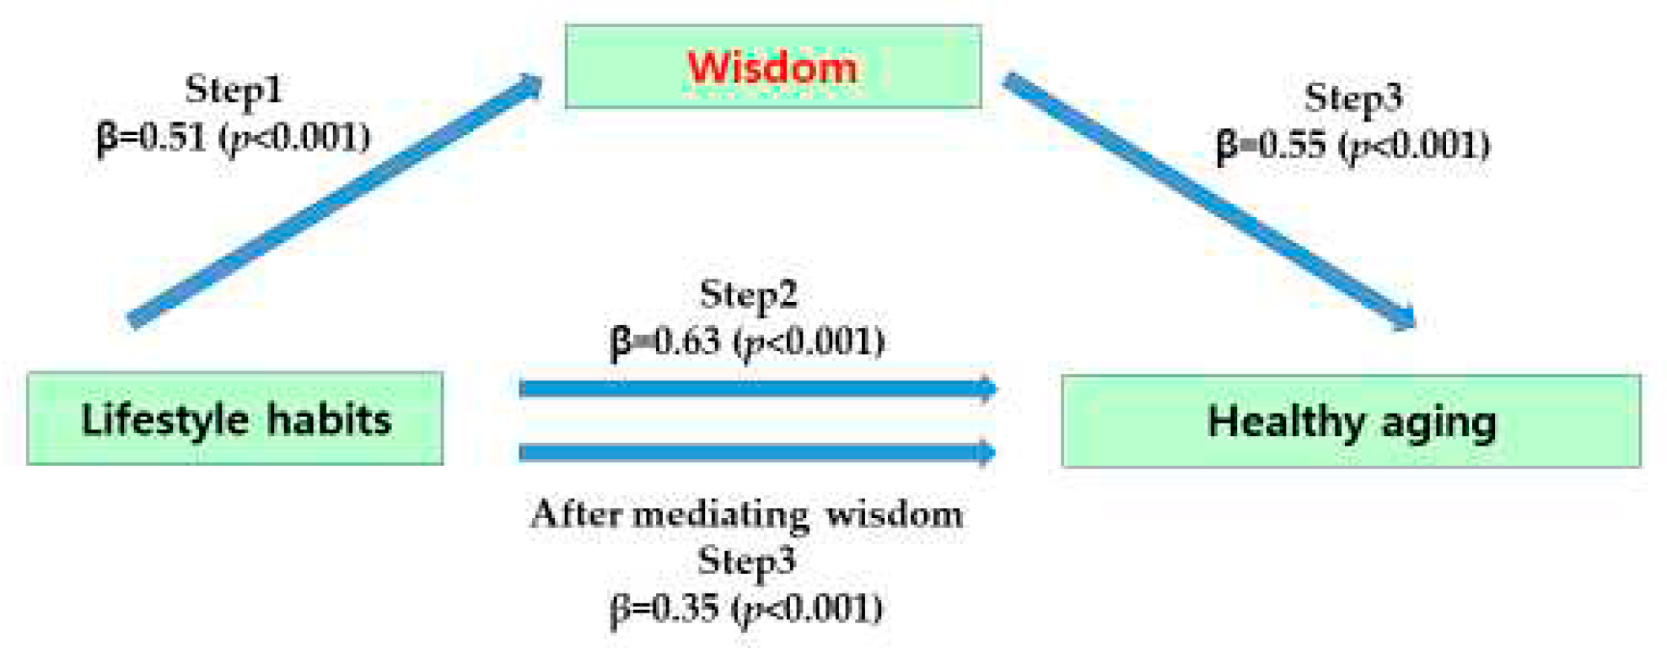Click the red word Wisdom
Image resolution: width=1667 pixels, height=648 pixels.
[772, 67]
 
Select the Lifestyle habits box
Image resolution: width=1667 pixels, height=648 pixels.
[234, 418]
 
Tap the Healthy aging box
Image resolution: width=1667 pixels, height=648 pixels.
[1351, 421]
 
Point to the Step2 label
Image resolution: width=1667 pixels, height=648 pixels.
[748, 294]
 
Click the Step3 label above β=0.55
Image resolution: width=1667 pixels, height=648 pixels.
[1353, 98]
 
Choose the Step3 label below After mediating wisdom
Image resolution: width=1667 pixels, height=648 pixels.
[746, 561]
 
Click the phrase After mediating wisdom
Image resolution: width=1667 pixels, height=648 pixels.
[747, 514]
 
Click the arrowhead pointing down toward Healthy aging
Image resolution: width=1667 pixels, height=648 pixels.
[1403, 317]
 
